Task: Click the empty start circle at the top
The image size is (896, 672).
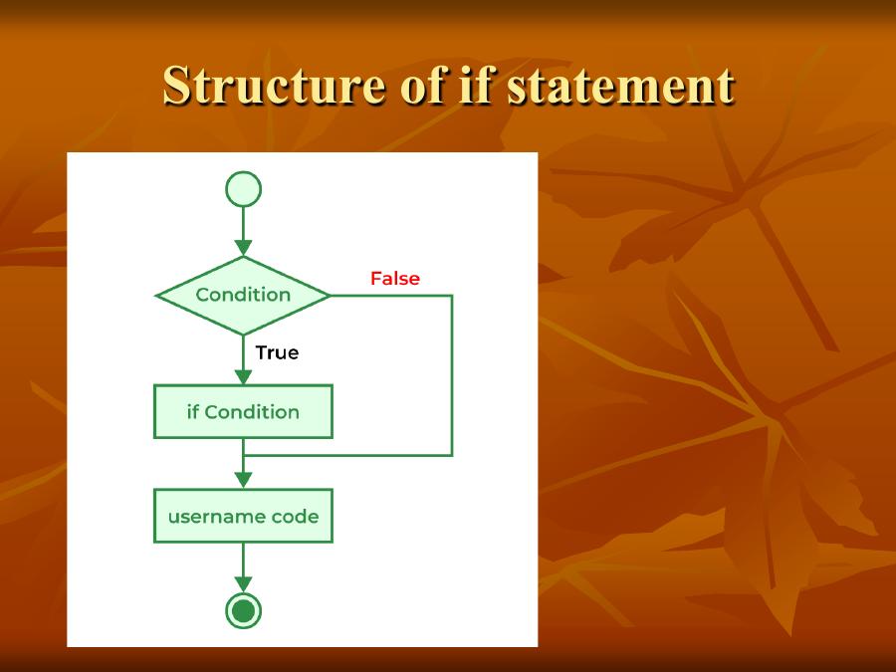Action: point(243,189)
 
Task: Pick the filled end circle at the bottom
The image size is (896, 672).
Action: point(243,610)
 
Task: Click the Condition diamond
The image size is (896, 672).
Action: point(243,296)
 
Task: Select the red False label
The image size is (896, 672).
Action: point(395,279)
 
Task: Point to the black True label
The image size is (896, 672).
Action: point(277,352)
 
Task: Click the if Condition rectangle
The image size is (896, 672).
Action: point(243,412)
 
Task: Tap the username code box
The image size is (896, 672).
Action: point(243,517)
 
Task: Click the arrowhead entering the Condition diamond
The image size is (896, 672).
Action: point(243,248)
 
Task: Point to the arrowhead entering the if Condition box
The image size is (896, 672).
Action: point(243,377)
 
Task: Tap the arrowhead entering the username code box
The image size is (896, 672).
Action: point(243,481)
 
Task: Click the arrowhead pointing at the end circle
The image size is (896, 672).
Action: point(243,584)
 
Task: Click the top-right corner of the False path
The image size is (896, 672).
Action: point(452,296)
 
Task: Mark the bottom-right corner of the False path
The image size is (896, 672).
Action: point(452,455)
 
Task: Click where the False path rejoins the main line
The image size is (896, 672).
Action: point(243,455)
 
